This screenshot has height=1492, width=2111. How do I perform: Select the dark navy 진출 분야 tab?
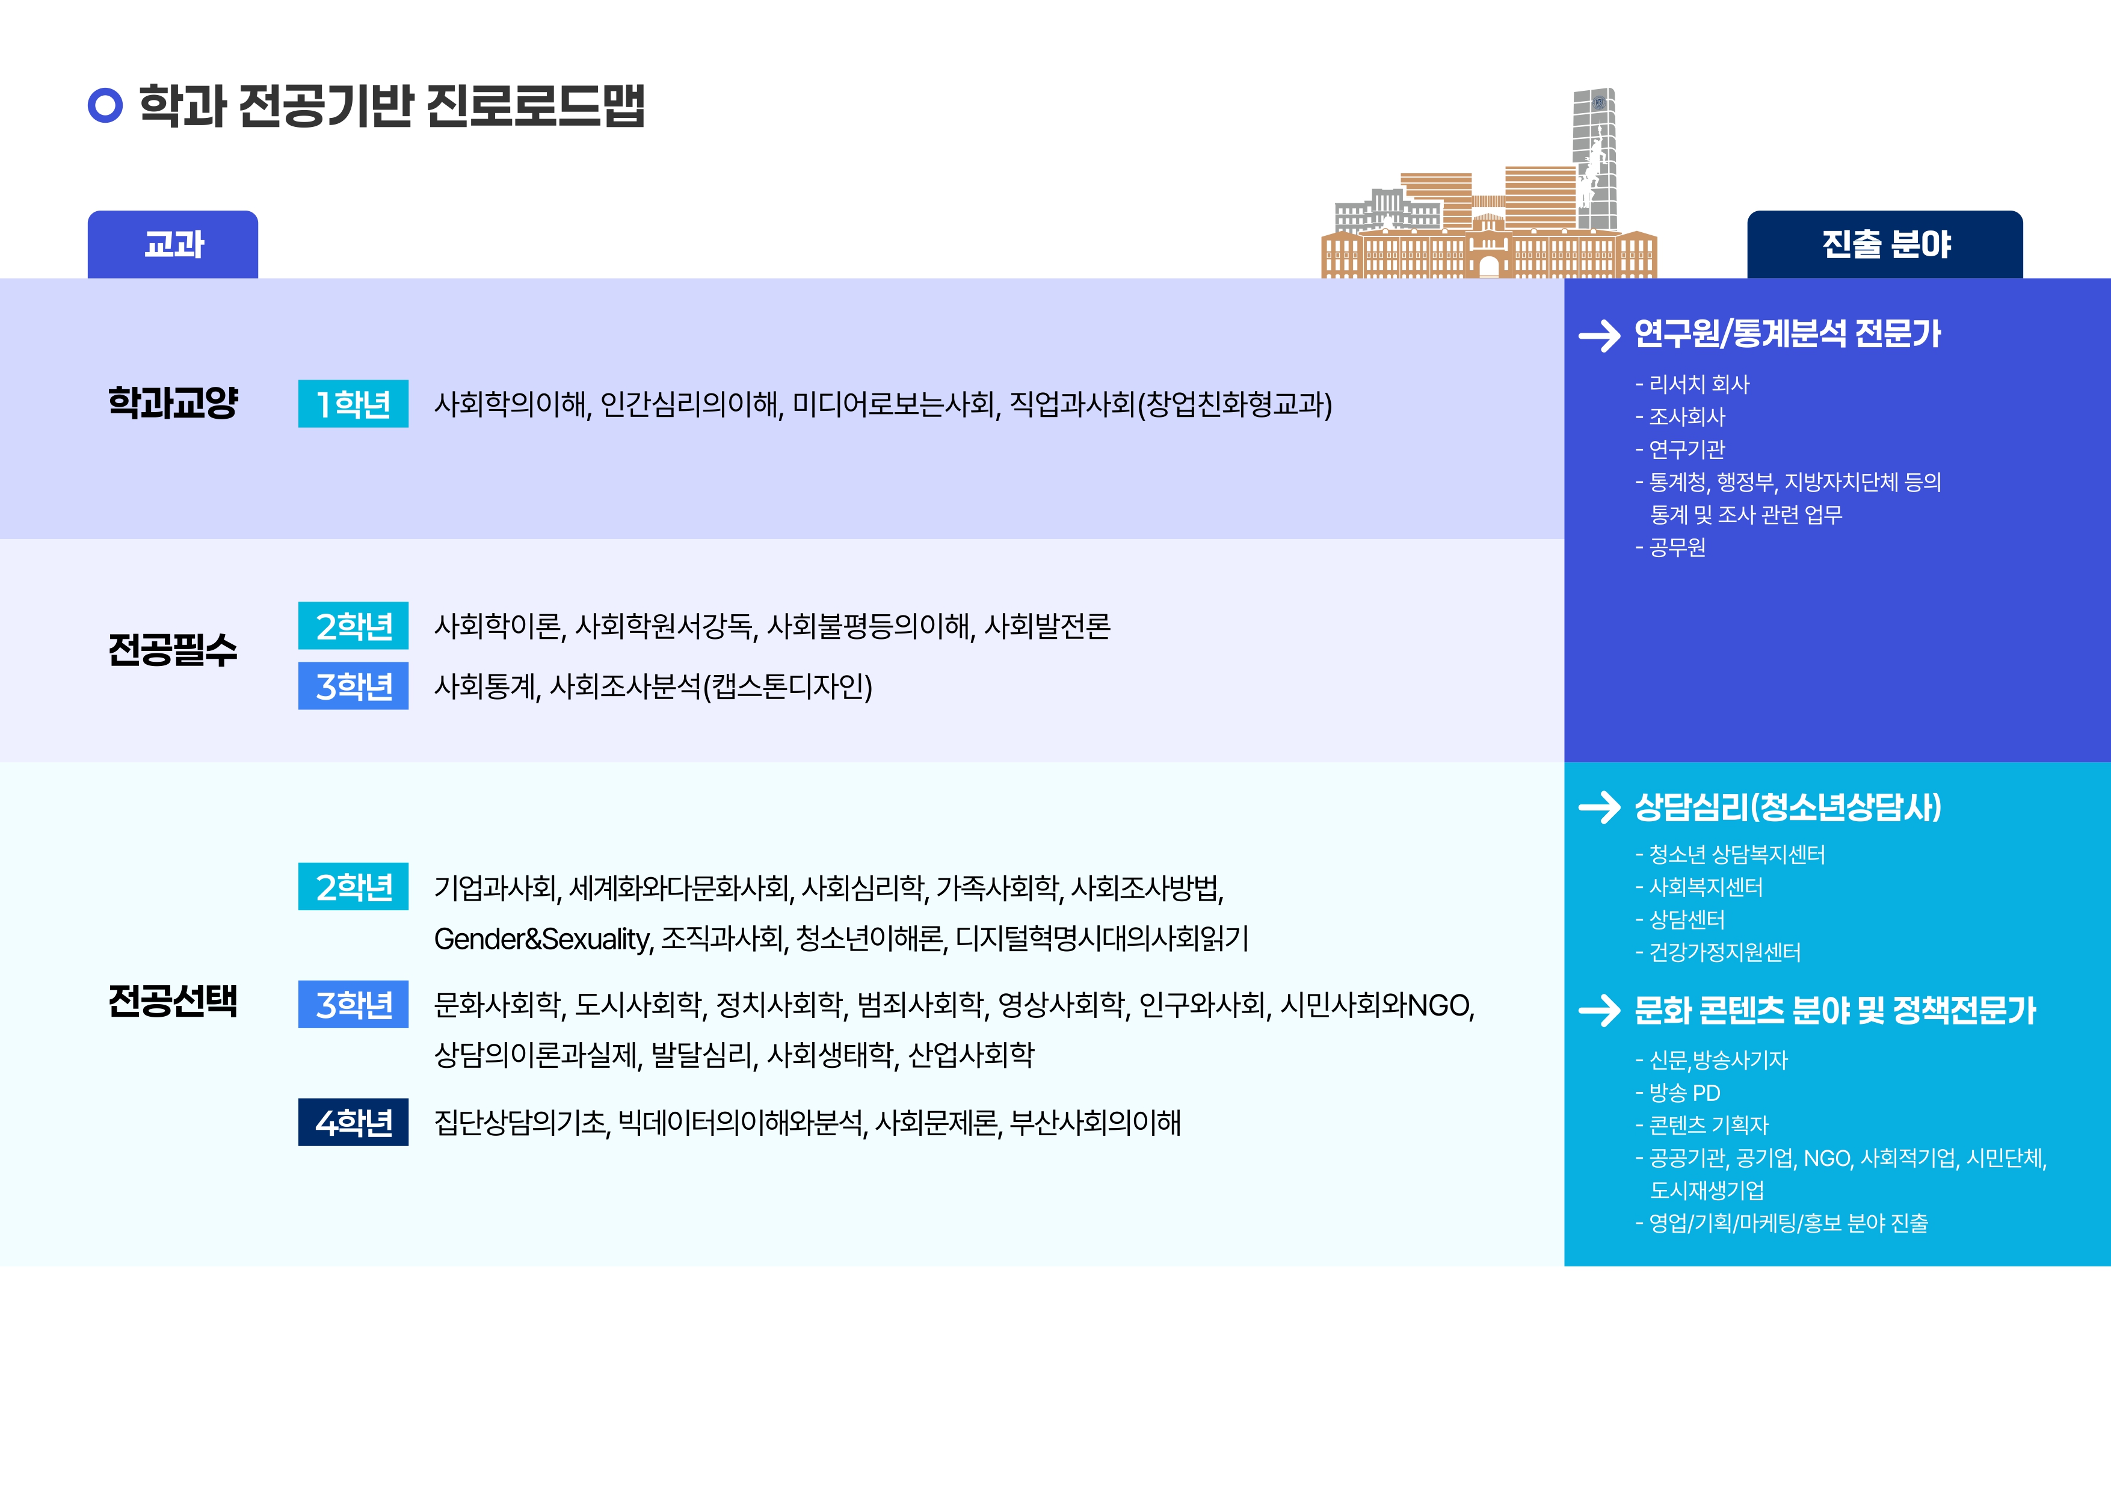1885,244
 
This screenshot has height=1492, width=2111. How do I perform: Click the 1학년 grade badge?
353,404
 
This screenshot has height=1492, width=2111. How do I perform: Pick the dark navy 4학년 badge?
353,1123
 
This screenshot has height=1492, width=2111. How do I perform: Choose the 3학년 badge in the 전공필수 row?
353,686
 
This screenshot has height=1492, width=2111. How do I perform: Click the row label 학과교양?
173,402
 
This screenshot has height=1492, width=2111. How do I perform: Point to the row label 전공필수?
173,650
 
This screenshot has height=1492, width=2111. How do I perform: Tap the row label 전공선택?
173,1001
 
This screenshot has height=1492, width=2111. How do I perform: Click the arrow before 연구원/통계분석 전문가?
1599,336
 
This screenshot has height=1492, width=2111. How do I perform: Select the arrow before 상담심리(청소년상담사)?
1599,807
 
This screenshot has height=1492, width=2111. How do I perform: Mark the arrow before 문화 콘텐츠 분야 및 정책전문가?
1599,1010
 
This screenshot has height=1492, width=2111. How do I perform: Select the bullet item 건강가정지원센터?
1718,952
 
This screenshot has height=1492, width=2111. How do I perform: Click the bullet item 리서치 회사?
1692,384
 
